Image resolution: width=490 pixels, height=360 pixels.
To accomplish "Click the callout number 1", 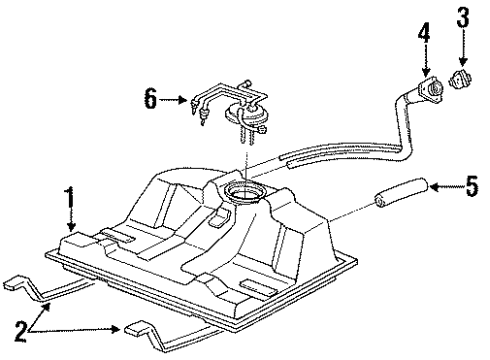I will point(69,195).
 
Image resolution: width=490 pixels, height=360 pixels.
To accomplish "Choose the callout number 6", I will point(150,98).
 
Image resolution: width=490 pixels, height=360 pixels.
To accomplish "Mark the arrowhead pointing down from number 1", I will point(69,229).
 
